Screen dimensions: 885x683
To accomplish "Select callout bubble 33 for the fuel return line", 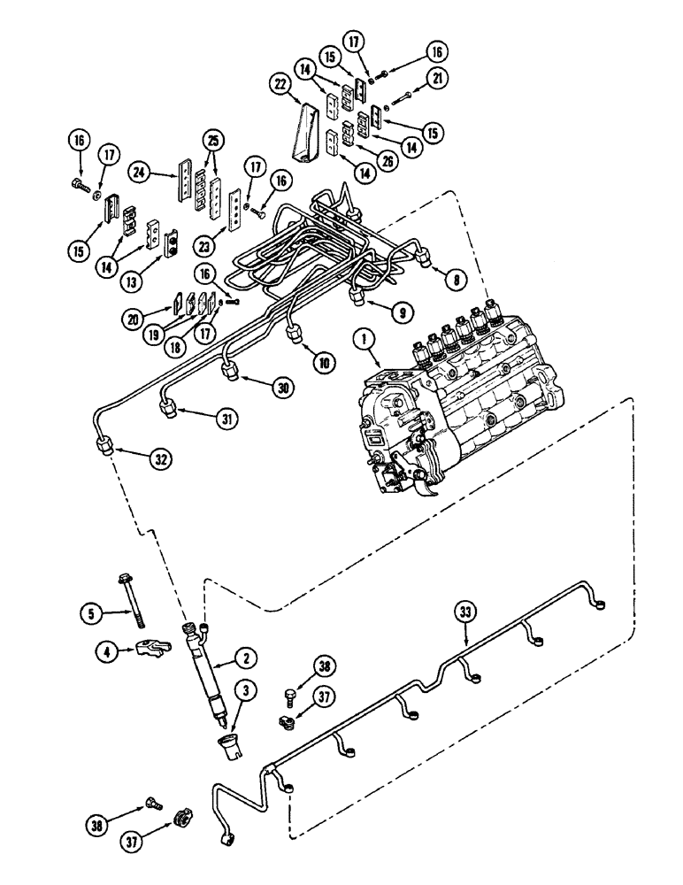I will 466,610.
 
